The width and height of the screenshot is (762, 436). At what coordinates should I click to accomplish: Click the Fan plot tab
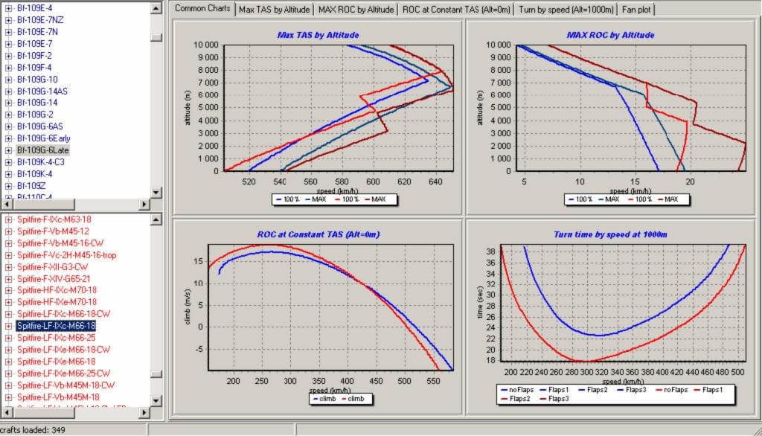pyautogui.click(x=638, y=10)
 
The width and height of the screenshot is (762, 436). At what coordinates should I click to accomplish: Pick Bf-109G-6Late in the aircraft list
pyautogui.click(x=42, y=150)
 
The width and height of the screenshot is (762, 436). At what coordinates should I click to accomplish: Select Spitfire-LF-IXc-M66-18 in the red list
pyautogui.click(x=56, y=325)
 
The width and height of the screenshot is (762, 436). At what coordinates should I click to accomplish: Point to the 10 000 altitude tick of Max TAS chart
pyautogui.click(x=205, y=45)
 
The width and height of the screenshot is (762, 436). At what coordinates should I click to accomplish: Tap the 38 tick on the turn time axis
pyautogui.click(x=492, y=251)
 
